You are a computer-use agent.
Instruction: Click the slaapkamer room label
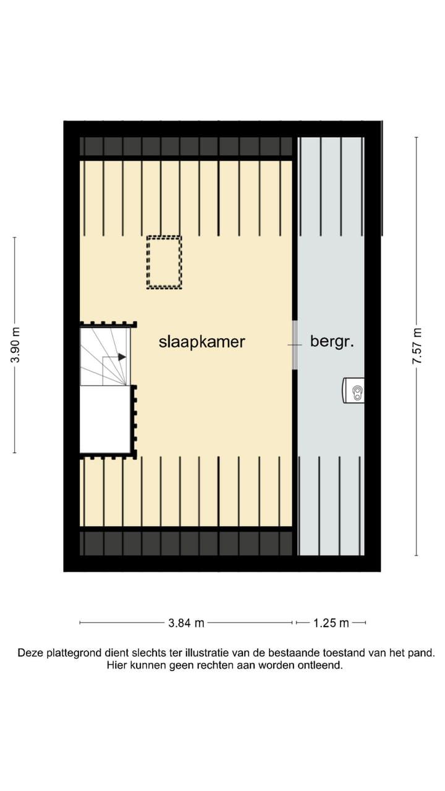point(201,342)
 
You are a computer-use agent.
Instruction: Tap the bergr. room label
point(332,342)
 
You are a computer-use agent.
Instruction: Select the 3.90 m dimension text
point(17,345)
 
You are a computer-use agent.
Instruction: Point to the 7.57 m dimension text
point(417,345)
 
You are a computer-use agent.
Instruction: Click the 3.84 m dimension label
point(186,623)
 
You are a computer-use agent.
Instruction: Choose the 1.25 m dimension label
point(331,623)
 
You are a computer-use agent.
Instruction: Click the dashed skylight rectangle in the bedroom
point(164,262)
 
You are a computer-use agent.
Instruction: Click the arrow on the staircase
point(122,357)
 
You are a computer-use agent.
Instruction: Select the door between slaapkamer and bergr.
point(295,344)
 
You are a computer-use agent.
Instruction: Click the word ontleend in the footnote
point(321,666)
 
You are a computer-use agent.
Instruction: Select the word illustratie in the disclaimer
point(198,653)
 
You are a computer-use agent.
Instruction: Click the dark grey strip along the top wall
point(185,146)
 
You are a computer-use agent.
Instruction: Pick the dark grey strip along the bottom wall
point(185,543)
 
